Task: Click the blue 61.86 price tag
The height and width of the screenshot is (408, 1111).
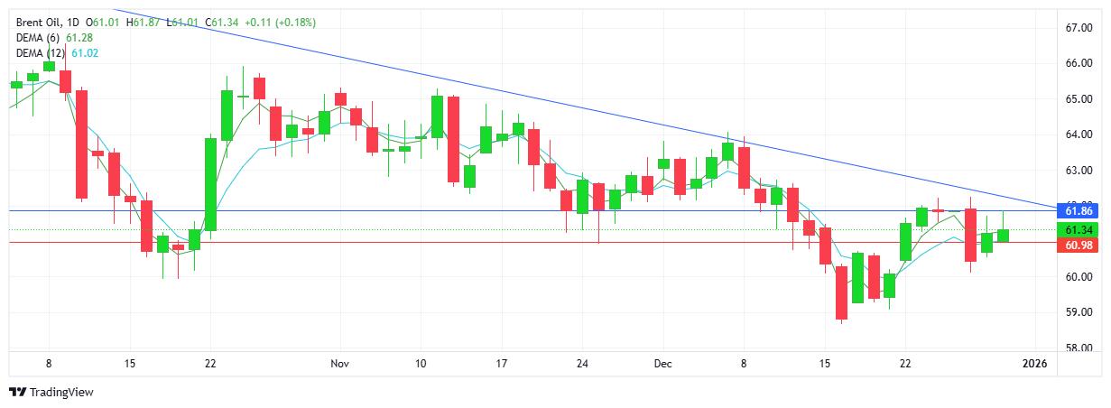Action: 1079,210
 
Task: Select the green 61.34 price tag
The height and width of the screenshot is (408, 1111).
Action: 1079,229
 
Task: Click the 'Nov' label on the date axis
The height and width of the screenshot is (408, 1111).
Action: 339,364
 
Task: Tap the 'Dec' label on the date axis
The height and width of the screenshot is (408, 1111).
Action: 663,364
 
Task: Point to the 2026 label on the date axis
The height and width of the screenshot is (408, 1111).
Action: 1034,364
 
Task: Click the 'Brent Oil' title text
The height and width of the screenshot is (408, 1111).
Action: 38,22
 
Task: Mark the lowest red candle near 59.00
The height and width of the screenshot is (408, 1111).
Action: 841,292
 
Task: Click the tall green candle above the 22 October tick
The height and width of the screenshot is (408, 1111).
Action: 210,184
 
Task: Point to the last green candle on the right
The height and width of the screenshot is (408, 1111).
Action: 1003,235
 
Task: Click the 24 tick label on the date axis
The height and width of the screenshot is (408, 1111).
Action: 582,364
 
